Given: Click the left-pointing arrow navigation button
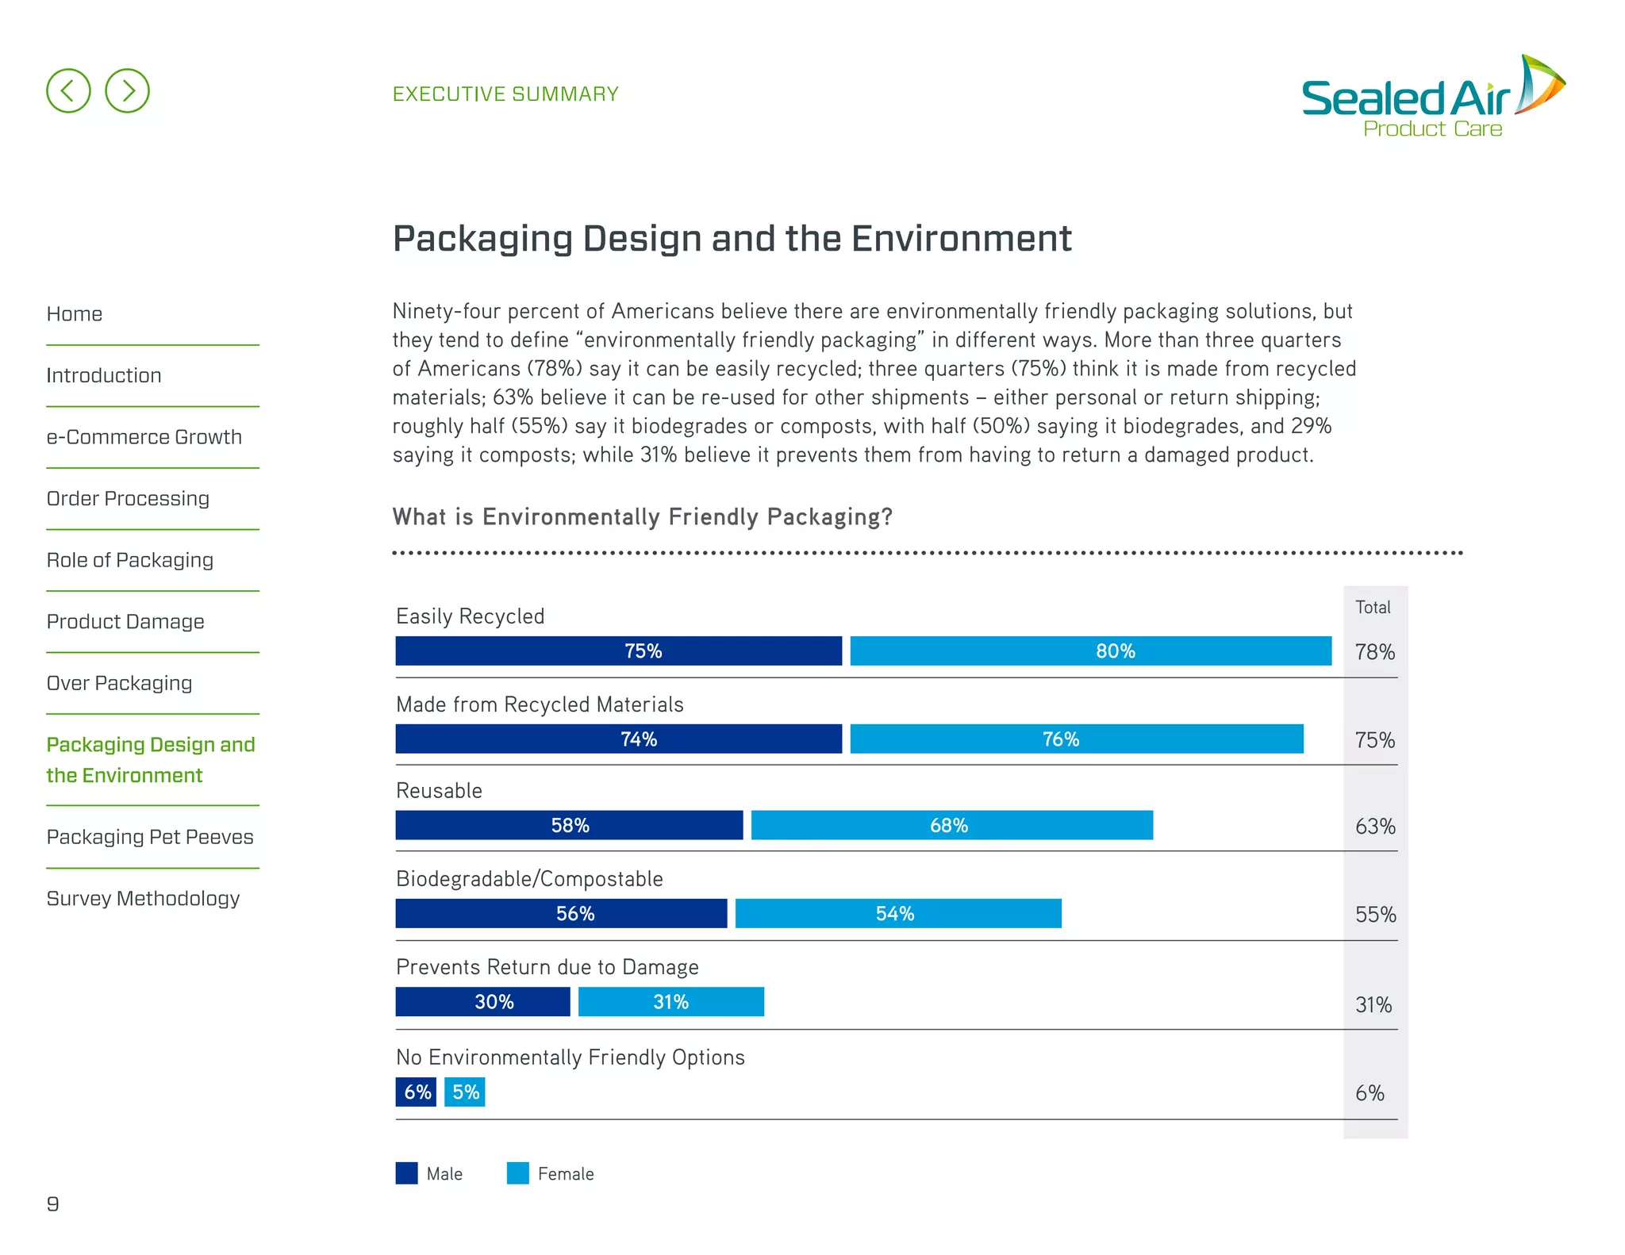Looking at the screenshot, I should pyautogui.click(x=68, y=90).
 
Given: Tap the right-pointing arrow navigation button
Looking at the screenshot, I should pyautogui.click(x=127, y=90).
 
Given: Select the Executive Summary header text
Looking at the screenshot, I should pyautogui.click(x=505, y=94).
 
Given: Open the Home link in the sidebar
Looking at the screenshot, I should pyautogui.click(x=75, y=314).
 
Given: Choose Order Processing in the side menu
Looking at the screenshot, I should pyautogui.click(x=128, y=499).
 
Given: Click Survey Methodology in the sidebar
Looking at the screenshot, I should pyautogui.click(x=143, y=899).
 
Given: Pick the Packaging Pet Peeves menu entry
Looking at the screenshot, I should pyautogui.click(x=150, y=837).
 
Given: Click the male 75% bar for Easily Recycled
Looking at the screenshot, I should pyautogui.click(x=618, y=651).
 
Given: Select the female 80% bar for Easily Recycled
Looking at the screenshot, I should pyautogui.click(x=1090, y=651).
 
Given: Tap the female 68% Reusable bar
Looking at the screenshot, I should pyautogui.click(x=951, y=826).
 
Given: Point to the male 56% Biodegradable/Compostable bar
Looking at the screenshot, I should pyautogui.click(x=561, y=914).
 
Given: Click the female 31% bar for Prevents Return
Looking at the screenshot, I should pyautogui.click(x=670, y=1002).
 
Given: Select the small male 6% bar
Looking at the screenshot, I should pyautogui.click(x=416, y=1092).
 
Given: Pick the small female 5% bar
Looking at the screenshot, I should pyautogui.click(x=464, y=1092).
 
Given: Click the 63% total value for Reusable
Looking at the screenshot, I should pyautogui.click(x=1374, y=827).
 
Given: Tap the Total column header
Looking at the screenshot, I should pyautogui.click(x=1373, y=608).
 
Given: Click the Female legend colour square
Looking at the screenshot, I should pyautogui.click(x=517, y=1173).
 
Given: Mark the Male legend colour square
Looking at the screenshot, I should pyautogui.click(x=406, y=1173).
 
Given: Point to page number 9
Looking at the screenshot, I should pyautogui.click(x=53, y=1204).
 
